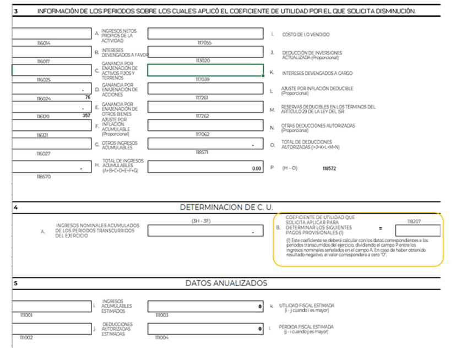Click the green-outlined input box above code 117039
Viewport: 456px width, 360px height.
tap(205, 70)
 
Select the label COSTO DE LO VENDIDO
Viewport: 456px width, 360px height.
tap(306, 35)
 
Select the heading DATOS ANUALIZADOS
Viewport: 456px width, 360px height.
tap(226, 283)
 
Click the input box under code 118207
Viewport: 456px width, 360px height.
tap(417, 231)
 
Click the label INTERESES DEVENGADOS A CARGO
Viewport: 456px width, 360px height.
tap(317, 73)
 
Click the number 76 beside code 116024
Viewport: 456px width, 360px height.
tap(87, 97)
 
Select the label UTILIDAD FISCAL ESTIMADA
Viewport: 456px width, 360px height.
tap(307, 306)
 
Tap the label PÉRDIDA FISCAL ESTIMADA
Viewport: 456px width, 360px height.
tap(306, 328)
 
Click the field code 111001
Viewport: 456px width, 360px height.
tap(26, 315)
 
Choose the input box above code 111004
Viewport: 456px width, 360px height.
tap(205, 329)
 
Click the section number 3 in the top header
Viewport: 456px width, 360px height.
tap(16, 11)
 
